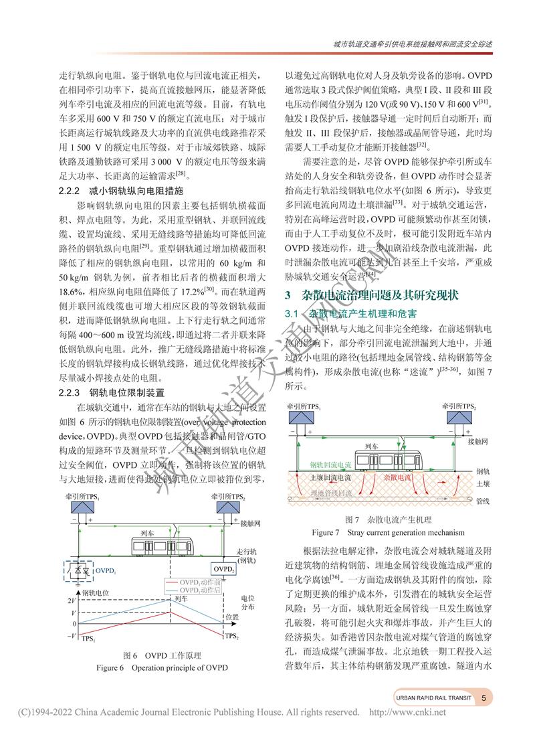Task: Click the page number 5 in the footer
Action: pos(483,698)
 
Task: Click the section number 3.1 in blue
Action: pos(296,313)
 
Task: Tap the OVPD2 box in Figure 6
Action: pos(224,569)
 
